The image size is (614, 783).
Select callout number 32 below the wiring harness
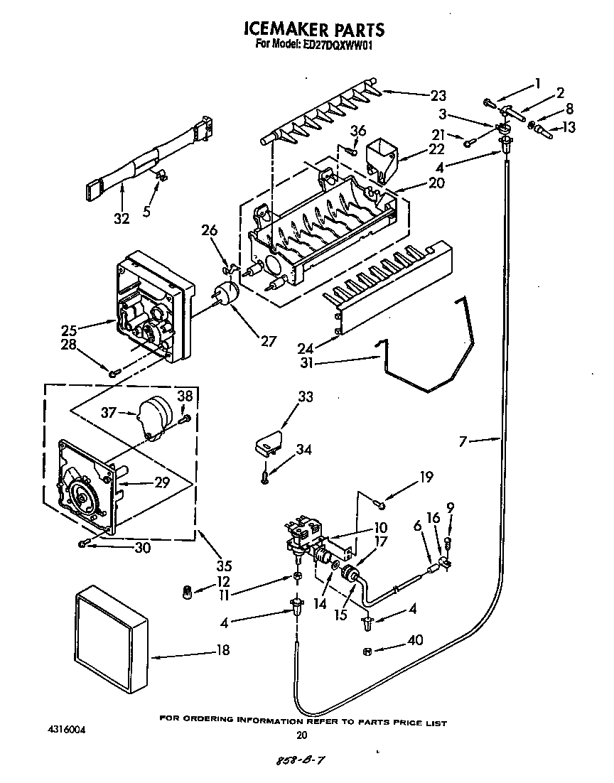click(x=122, y=218)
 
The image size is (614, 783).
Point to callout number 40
click(x=414, y=640)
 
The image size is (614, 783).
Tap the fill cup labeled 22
click(x=382, y=157)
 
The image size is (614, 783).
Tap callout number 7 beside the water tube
click(x=463, y=441)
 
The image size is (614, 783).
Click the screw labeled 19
click(x=381, y=504)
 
